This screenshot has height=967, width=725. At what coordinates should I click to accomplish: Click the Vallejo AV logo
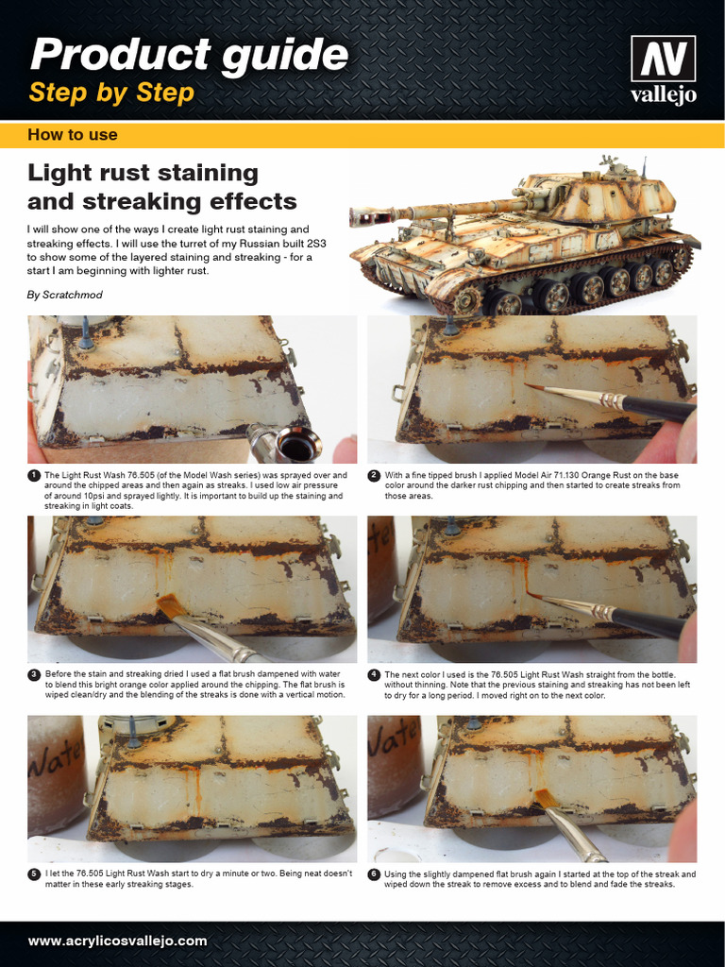664,70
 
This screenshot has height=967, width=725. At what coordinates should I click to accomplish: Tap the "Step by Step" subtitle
111,93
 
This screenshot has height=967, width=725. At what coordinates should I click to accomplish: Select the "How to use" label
73,135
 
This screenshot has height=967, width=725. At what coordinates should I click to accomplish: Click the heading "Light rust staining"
143,173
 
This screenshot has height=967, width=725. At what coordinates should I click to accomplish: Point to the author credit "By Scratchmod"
65,295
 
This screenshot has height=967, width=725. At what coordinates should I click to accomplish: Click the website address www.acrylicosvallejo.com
117,941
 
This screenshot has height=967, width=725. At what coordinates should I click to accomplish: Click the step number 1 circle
34,475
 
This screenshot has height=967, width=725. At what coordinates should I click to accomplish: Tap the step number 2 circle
374,475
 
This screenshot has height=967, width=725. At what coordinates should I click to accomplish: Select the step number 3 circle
34,674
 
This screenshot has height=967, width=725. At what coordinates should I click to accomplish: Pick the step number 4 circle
374,674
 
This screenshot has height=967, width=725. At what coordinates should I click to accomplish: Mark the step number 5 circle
34,874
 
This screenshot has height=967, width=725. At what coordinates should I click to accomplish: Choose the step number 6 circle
374,874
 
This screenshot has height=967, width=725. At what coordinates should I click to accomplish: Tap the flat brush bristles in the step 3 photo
170,605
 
